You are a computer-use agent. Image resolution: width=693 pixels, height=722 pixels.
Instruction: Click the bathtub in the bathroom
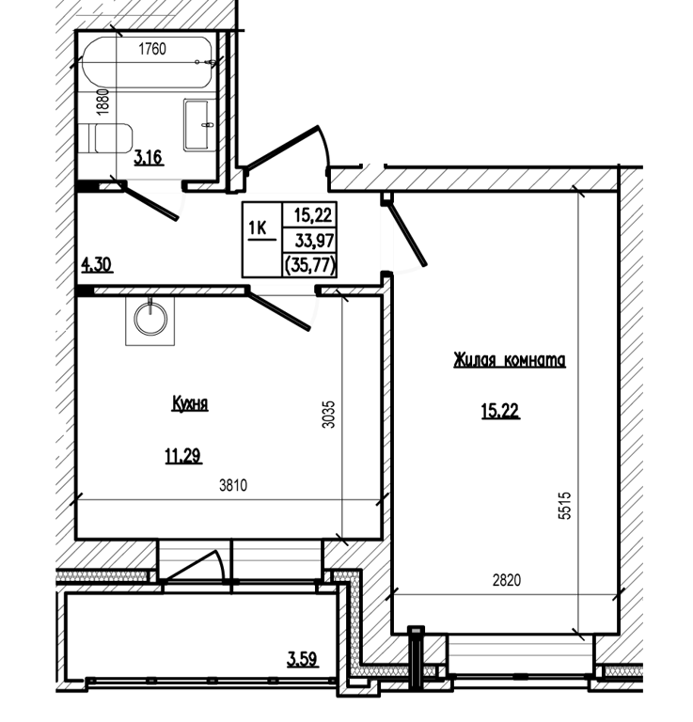coord(147,62)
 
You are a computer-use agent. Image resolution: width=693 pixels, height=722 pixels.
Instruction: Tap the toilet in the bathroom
coord(105,137)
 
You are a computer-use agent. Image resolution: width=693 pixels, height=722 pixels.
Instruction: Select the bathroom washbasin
coord(199,125)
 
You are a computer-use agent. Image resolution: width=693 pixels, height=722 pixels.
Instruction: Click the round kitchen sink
coord(150,320)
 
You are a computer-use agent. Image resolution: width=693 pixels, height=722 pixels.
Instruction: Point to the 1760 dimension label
coord(152,48)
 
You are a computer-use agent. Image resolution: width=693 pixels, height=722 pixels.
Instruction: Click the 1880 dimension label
coord(103,102)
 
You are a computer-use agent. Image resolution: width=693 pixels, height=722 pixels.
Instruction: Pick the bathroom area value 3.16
coord(149,158)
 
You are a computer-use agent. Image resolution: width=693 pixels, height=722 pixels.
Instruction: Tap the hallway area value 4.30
coord(97,265)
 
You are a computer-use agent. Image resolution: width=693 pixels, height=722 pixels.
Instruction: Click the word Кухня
coord(190,403)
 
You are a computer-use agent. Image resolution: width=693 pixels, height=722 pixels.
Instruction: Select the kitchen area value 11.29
coord(183,456)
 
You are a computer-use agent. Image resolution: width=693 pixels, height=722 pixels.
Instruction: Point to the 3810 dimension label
coord(233,485)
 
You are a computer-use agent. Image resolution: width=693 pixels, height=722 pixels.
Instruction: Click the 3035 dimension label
coord(328,415)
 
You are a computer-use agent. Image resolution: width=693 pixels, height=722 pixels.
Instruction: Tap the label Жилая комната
coord(510,360)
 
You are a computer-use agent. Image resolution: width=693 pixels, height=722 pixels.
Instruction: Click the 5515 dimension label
coord(564,506)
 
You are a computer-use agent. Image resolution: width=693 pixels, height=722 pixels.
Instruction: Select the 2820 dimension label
coord(507,580)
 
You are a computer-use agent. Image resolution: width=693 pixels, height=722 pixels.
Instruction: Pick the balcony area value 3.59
coord(302,659)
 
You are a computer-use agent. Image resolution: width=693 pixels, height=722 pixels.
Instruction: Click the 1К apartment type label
coord(259,228)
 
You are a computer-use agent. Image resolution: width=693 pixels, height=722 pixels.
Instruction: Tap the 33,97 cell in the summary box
coord(315,241)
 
